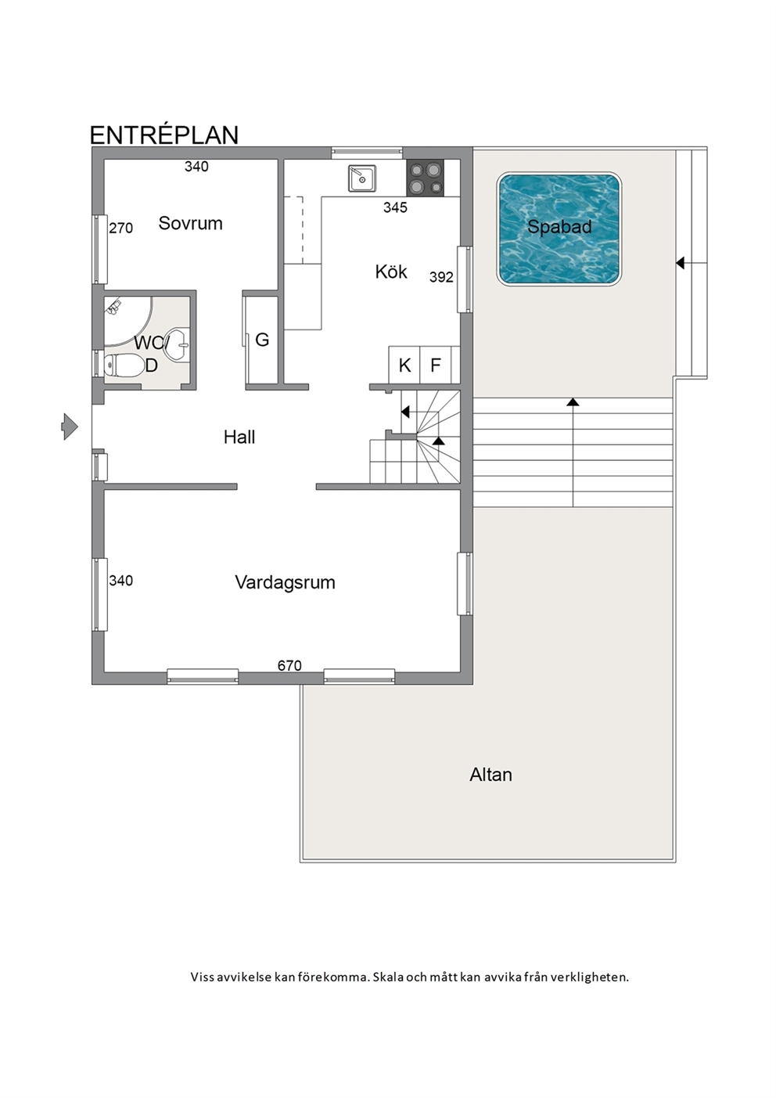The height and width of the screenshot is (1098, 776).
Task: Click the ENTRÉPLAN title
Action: click(164, 135)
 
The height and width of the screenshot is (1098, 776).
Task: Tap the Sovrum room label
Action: click(191, 224)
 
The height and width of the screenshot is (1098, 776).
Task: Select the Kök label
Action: click(391, 272)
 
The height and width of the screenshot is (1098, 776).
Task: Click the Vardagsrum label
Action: click(285, 582)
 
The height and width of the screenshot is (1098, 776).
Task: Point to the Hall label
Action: click(239, 437)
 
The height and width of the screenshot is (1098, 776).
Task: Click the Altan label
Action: click(491, 775)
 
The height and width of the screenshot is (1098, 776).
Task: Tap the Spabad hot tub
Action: click(559, 229)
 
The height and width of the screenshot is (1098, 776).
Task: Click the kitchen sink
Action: click(362, 178)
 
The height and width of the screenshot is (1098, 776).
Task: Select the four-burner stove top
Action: click(425, 178)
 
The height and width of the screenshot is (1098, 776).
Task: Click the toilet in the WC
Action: click(123, 365)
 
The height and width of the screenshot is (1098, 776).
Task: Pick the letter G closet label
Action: click(262, 340)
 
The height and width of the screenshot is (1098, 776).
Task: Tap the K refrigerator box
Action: click(404, 365)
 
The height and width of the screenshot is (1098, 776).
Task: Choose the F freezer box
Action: click(436, 365)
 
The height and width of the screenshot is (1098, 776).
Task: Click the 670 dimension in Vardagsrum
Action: click(289, 666)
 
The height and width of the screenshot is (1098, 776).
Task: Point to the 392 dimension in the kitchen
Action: click(441, 278)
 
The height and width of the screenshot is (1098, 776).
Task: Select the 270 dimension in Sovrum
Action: click(120, 229)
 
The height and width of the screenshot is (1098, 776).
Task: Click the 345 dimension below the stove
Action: click(395, 208)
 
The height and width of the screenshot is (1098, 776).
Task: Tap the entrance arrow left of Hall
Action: click(70, 427)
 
